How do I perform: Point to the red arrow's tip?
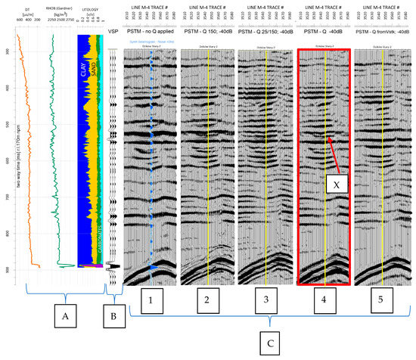click(329, 137)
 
